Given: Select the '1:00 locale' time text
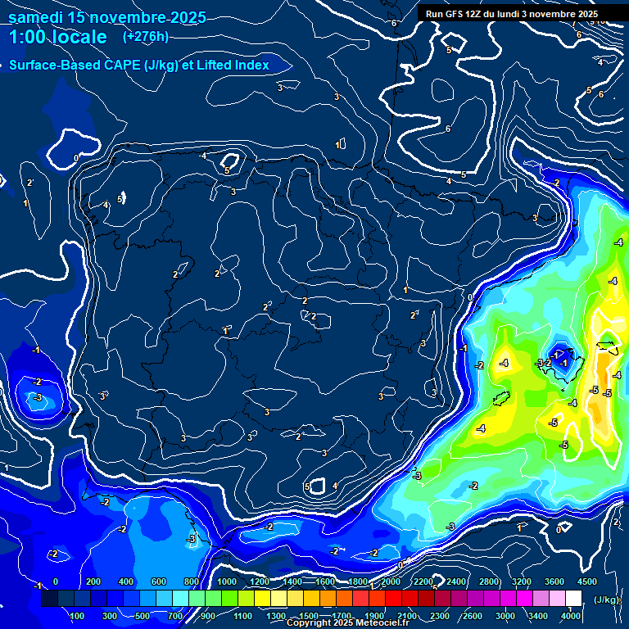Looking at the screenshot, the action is coord(57,38).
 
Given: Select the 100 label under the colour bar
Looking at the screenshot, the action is coord(77,616).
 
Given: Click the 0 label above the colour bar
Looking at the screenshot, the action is coord(56,581).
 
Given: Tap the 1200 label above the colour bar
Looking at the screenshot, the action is coord(259,581).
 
